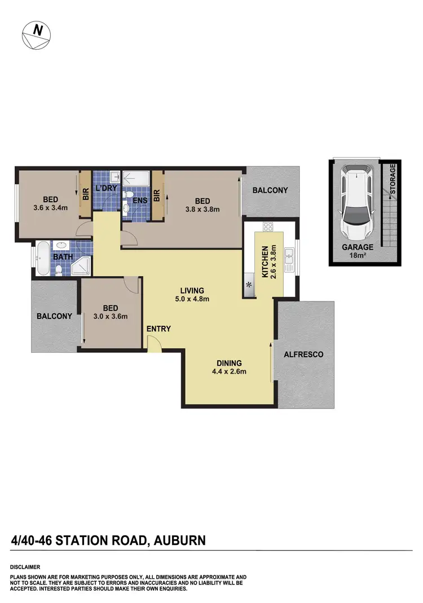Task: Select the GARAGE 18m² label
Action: point(356,251)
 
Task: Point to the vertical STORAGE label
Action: point(393,179)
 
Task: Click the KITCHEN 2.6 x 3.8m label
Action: point(268,261)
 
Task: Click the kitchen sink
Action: point(289,258)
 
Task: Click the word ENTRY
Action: point(158,329)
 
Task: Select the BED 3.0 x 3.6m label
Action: point(111,312)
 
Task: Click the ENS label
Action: point(139,200)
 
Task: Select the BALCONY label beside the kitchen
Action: point(270,190)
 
